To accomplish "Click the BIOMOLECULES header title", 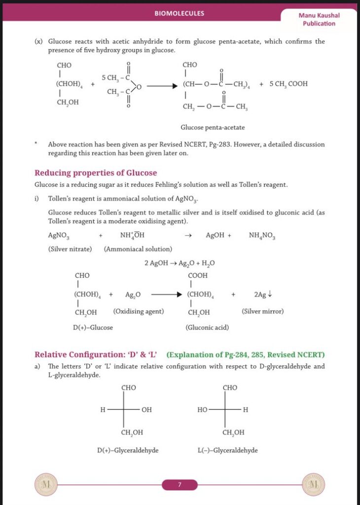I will [180, 13].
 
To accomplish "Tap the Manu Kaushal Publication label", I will [319, 19].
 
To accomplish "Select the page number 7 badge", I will [180, 485].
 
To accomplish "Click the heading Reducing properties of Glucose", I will [96, 173].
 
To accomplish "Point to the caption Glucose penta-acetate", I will [213, 127].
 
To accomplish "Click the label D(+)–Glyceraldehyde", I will [128, 450].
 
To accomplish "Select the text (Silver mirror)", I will [263, 312].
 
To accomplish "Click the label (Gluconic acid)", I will [207, 327].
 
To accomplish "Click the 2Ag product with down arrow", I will [263, 295].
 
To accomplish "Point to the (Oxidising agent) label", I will [139, 312].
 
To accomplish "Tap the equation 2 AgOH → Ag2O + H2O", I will [180, 263].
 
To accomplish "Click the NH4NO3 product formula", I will [262, 235].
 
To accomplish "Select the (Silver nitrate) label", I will [70, 249].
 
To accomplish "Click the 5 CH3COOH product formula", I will [288, 83].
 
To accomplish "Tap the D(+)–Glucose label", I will [93, 327].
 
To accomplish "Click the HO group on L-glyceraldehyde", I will [203, 409].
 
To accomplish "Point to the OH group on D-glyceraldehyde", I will [146, 409].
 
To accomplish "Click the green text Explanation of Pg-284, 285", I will [246, 355].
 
